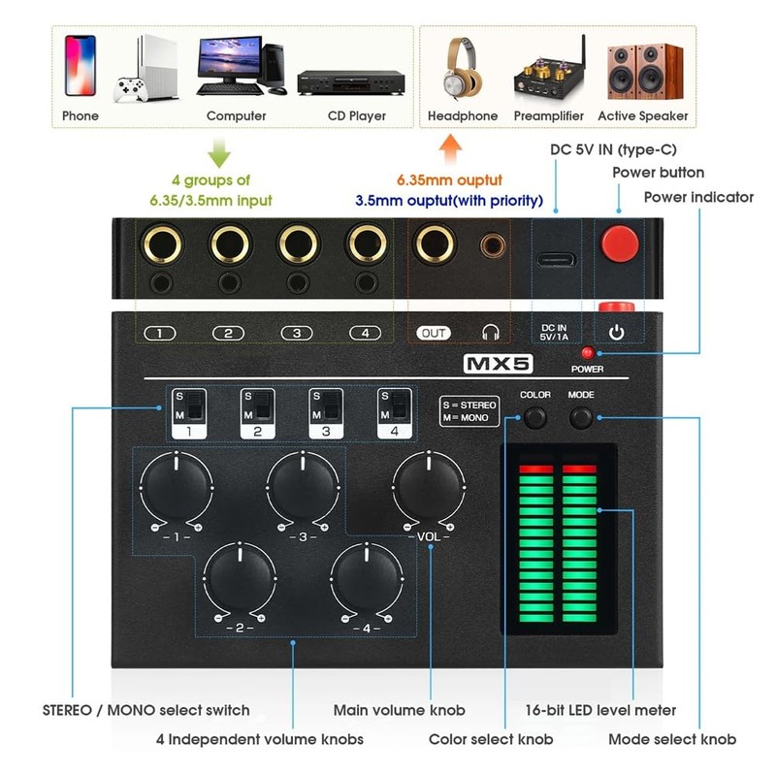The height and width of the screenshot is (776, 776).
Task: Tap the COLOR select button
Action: pyautogui.click(x=535, y=418)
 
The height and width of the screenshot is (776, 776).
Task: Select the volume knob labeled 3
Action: pyautogui.click(x=302, y=482)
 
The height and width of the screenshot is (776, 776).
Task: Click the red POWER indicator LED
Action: pyautogui.click(x=586, y=352)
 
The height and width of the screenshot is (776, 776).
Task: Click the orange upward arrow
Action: pyautogui.click(x=448, y=150)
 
